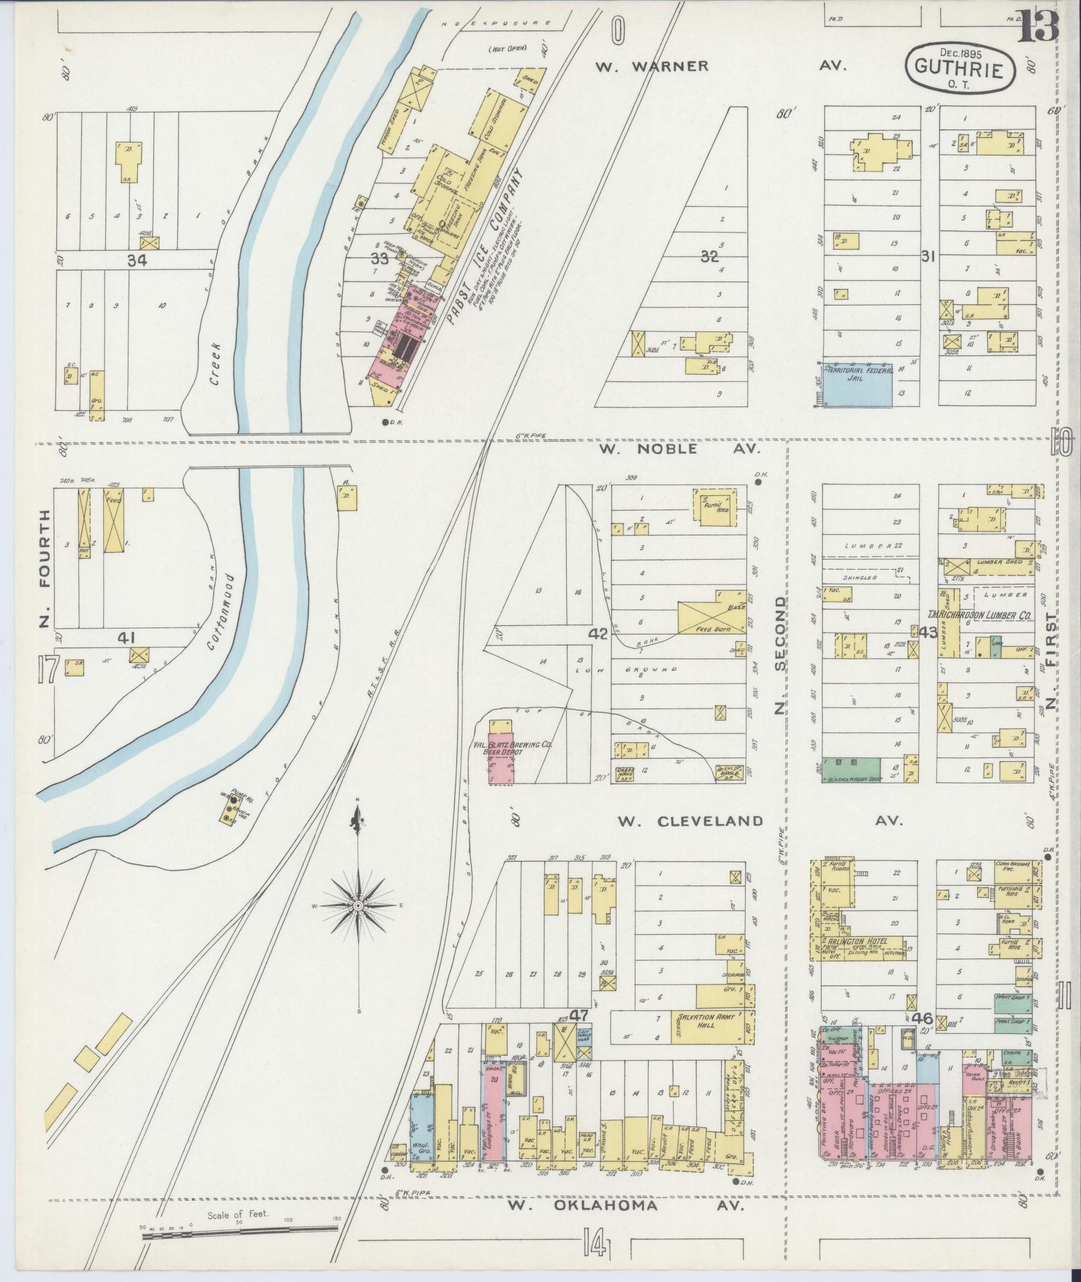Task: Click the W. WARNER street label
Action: tap(652, 66)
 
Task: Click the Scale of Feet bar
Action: tap(239, 1230)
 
